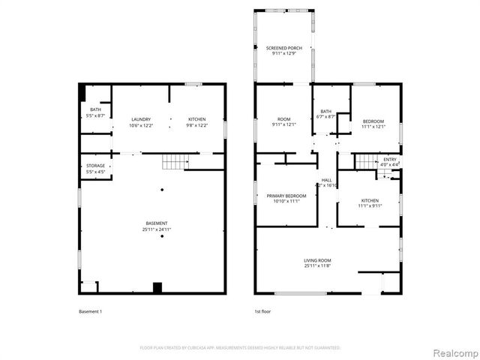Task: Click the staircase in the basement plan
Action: point(174,161)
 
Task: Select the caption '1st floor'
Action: point(263,310)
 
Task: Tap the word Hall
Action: point(327,181)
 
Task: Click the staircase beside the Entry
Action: point(365,161)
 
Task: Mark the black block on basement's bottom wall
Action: point(157,286)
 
